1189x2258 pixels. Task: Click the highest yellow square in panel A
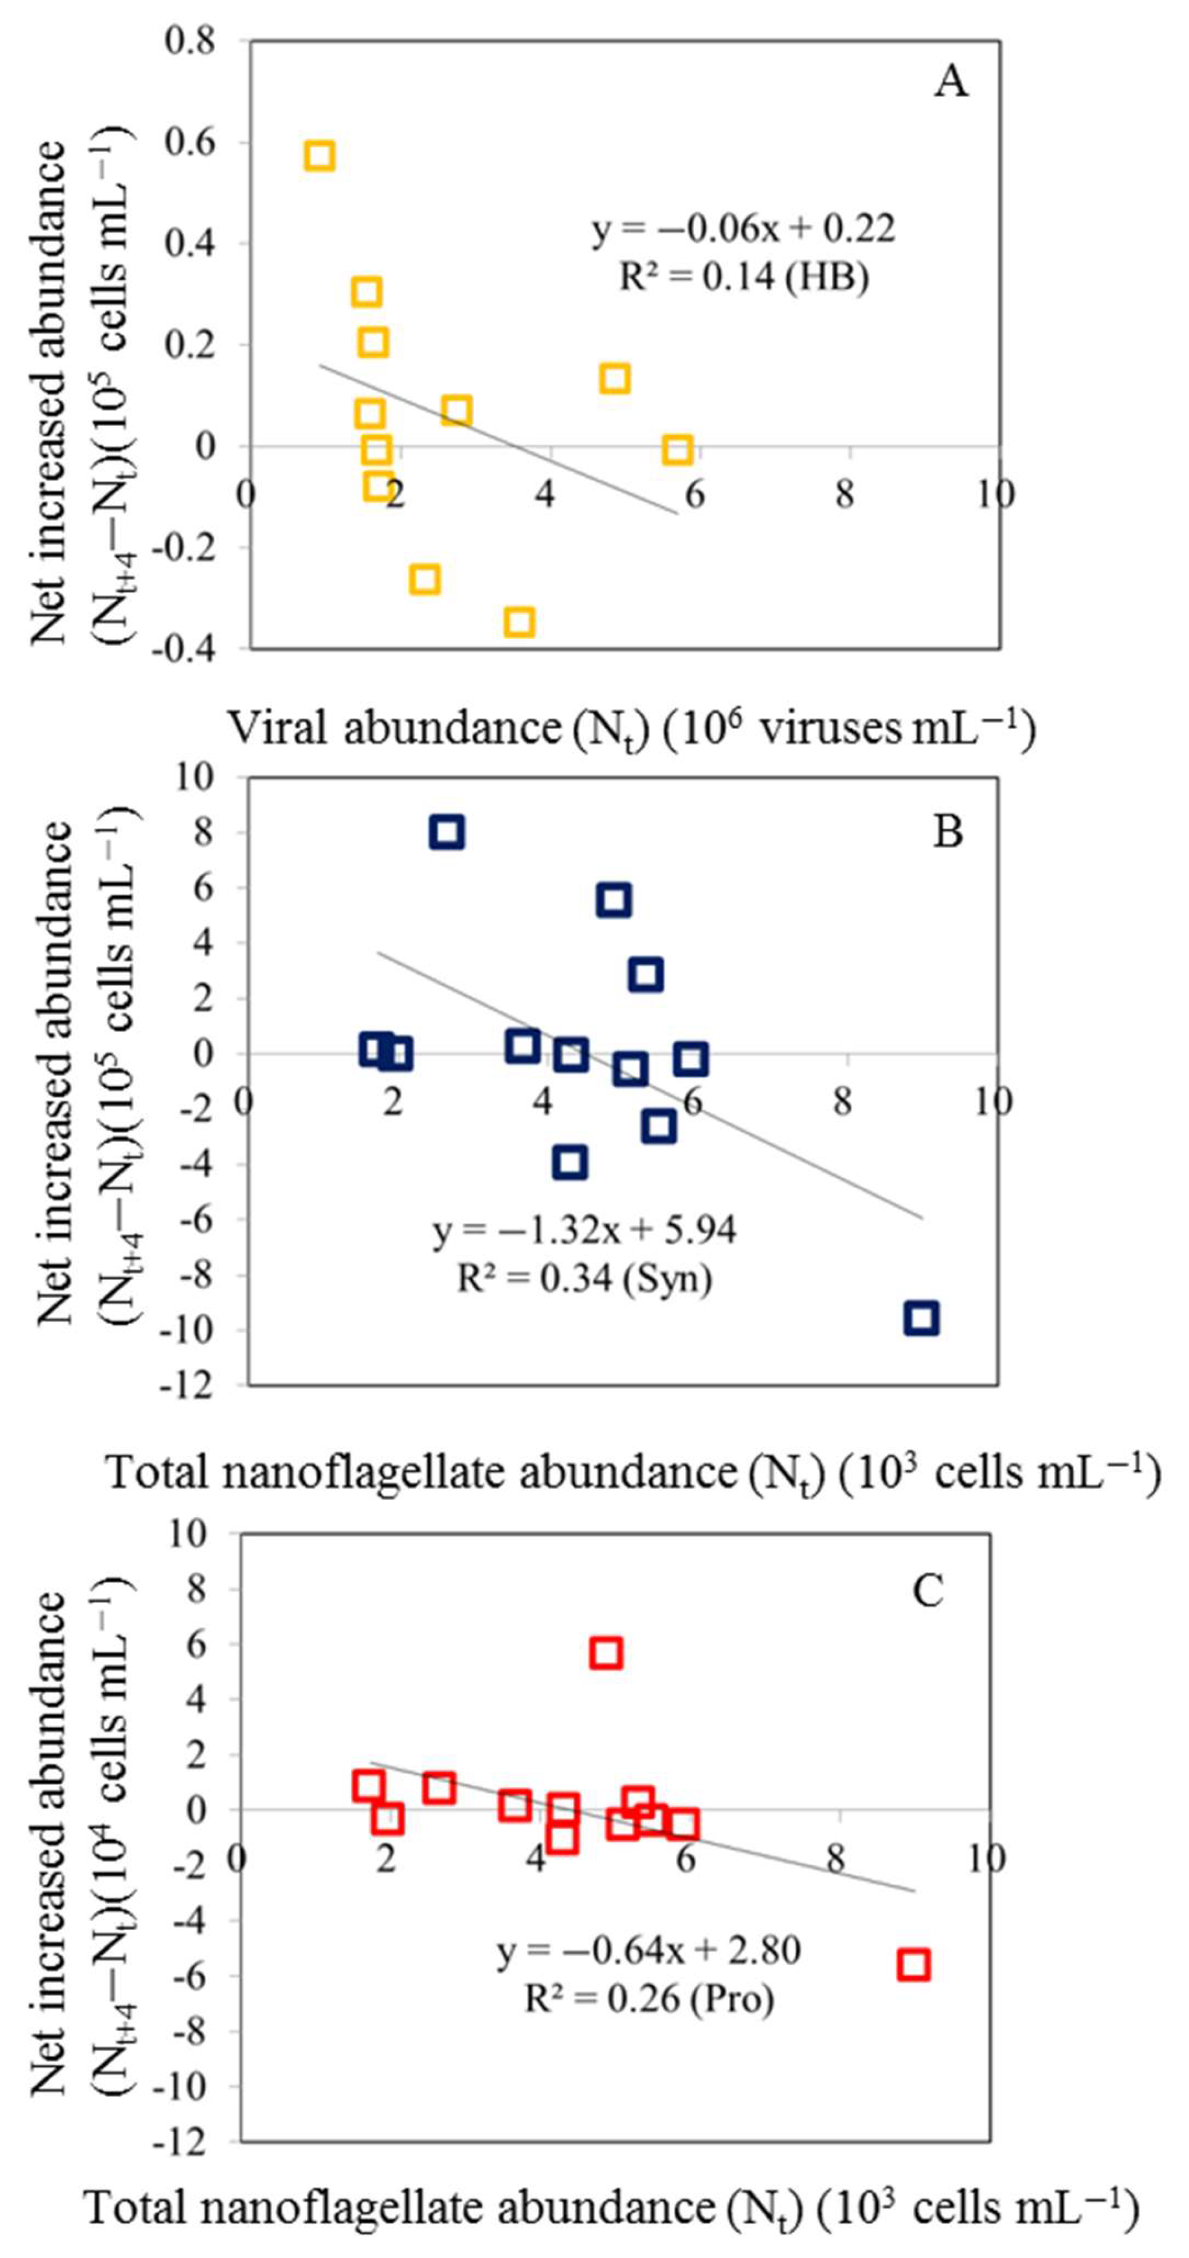coord(319,155)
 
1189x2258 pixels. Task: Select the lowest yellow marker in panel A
coord(519,622)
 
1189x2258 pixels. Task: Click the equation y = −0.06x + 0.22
coord(743,229)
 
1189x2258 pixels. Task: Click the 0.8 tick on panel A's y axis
coord(190,41)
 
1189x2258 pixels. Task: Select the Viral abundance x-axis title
coord(631,727)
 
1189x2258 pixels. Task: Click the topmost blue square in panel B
coord(447,832)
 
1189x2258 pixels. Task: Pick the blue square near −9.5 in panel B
coord(922,1318)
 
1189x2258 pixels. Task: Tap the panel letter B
coord(948,830)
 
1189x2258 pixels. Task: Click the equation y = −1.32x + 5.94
coord(585,1231)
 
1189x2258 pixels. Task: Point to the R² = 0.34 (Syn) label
coord(585,1279)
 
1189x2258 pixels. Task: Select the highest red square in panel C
coord(606,1653)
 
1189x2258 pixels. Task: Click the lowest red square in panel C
coord(913,1965)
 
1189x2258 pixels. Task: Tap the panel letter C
coord(929,1590)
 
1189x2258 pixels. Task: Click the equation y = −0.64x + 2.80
coord(649,1951)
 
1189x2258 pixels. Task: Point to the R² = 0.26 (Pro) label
coord(649,1999)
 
